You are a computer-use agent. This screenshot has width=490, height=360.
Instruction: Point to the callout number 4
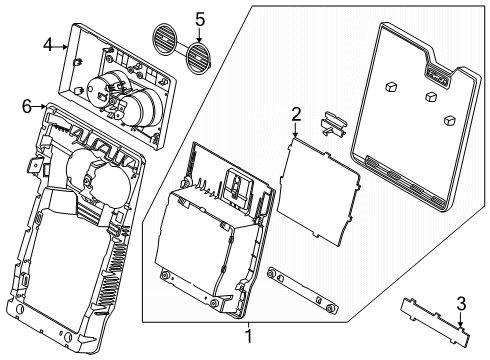coord(47,44)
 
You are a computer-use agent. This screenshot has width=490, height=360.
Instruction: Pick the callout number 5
coord(199,19)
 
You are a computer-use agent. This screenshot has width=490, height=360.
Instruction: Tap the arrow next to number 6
coord(39,104)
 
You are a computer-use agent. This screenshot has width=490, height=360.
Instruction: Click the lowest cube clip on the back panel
coord(447,120)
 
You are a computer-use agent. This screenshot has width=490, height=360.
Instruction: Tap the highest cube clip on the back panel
coord(393,86)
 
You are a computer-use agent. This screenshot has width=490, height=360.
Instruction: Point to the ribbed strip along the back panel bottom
coord(406,186)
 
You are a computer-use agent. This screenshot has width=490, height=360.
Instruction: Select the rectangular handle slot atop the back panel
coord(436,70)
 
